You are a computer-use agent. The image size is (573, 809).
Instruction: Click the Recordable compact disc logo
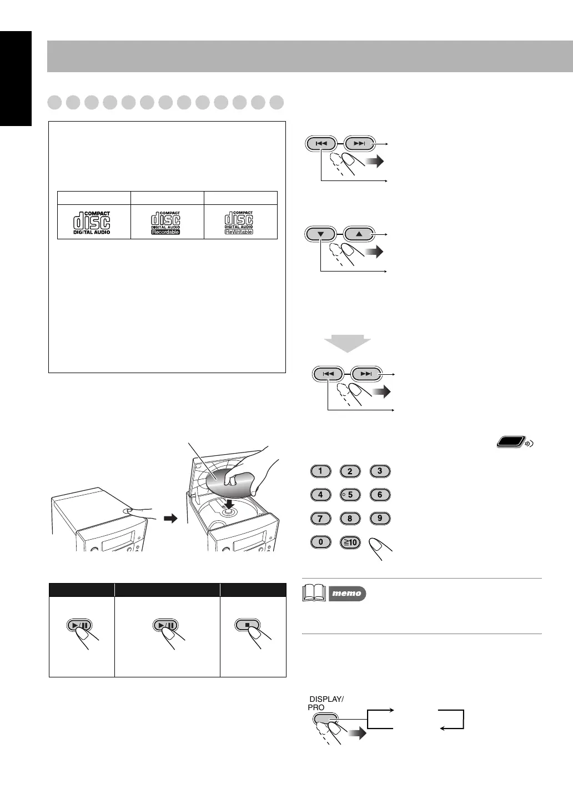[166, 222]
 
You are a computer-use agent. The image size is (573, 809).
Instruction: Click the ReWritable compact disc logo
[239, 222]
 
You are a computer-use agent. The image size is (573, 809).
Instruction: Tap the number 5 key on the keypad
[350, 495]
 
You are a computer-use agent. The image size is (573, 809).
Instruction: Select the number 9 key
[380, 518]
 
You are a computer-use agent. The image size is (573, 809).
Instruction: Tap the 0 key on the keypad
[320, 541]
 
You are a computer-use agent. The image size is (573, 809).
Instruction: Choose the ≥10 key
[350, 542]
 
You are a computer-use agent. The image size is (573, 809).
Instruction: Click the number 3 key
[380, 471]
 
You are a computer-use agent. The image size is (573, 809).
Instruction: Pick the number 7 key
[320, 519]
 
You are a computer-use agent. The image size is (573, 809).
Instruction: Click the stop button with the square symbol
[249, 625]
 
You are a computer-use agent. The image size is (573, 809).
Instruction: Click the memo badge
[347, 594]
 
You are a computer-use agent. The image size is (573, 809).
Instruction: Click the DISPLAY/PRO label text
[325, 703]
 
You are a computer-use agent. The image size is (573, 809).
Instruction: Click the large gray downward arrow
[347, 344]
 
